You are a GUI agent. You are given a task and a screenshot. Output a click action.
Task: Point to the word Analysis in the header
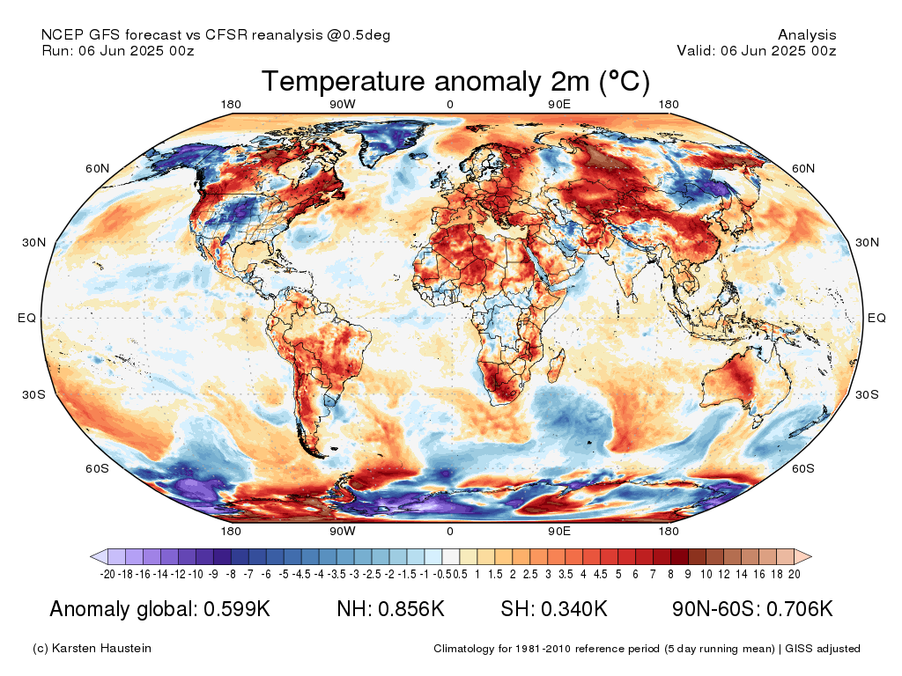click(x=807, y=35)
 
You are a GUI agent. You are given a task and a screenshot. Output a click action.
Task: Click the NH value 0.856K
click(x=416, y=609)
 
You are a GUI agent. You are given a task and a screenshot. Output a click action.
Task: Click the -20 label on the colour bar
click(x=108, y=574)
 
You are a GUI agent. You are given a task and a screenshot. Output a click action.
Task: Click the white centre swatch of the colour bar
click(x=450, y=556)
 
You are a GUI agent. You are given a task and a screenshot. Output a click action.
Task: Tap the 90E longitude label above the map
click(x=559, y=105)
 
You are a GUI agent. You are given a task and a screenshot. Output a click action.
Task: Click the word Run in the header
click(x=55, y=50)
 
